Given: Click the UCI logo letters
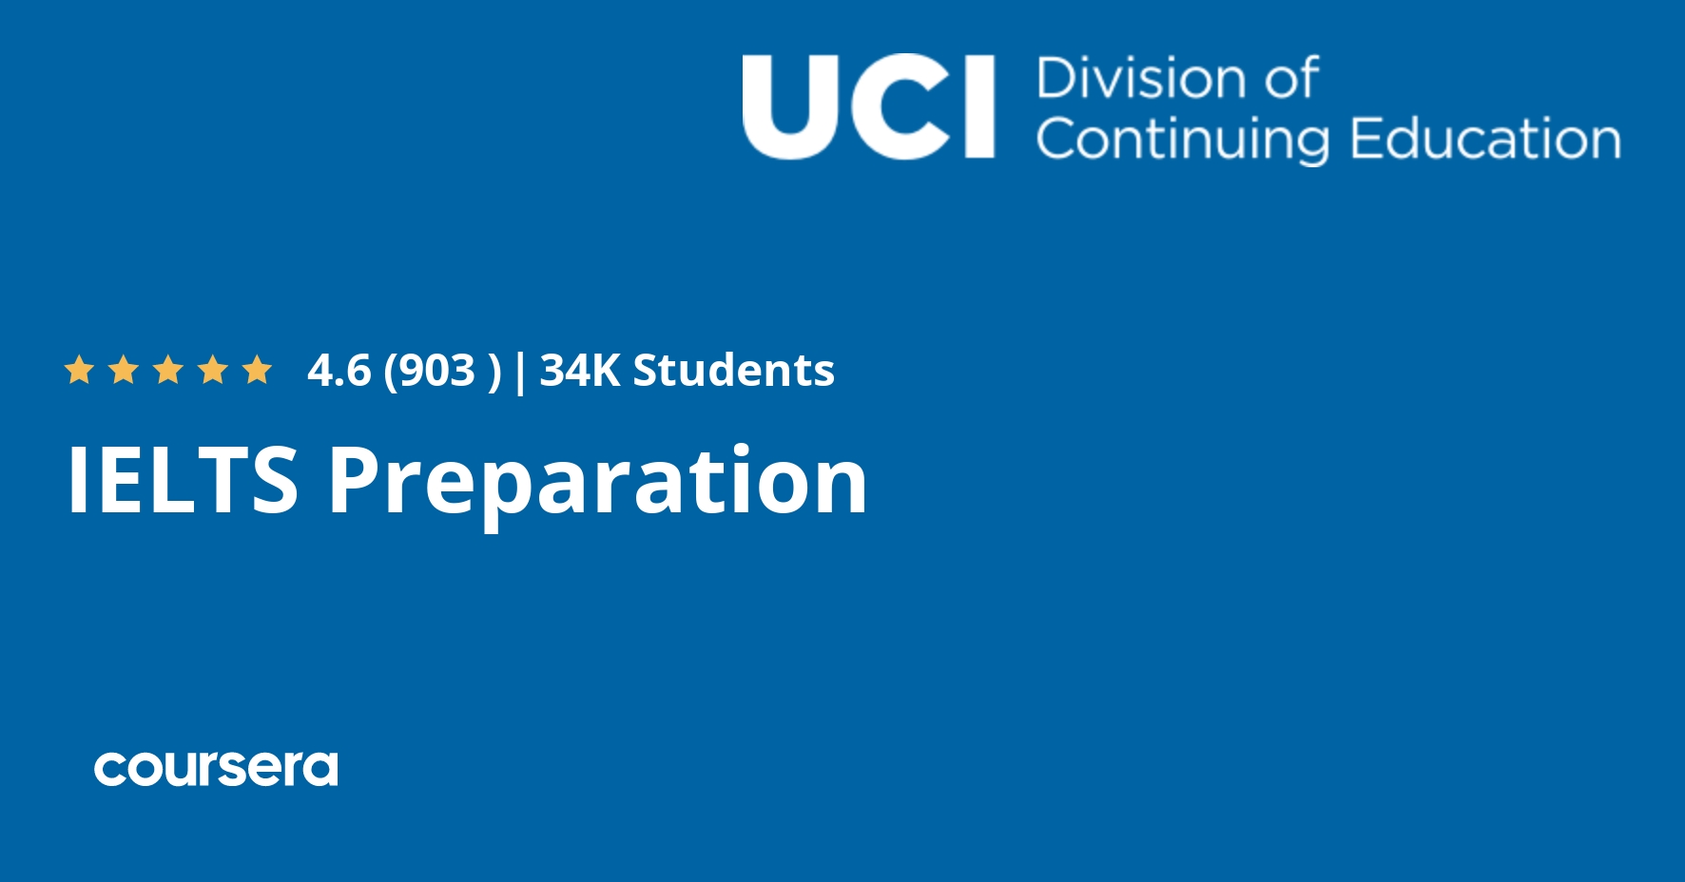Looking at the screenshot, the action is [868, 106].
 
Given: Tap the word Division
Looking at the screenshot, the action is [1137, 78].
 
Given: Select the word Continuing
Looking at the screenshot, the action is [1182, 140].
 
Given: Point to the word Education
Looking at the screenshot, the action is [1485, 138].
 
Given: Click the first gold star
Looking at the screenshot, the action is [79, 370].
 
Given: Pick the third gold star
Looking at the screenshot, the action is [168, 370].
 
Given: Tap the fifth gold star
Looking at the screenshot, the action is [258, 370].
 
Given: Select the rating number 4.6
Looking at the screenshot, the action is [339, 371].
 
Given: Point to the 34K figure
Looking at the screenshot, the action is [580, 371].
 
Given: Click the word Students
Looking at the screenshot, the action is [734, 371].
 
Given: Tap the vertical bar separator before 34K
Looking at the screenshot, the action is [519, 372].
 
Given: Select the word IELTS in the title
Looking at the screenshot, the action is [183, 480].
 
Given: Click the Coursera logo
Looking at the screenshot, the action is [216, 768].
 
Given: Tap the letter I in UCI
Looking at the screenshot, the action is [981, 106].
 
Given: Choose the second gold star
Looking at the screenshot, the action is [124, 370].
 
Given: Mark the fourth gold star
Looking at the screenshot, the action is [213, 370].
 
